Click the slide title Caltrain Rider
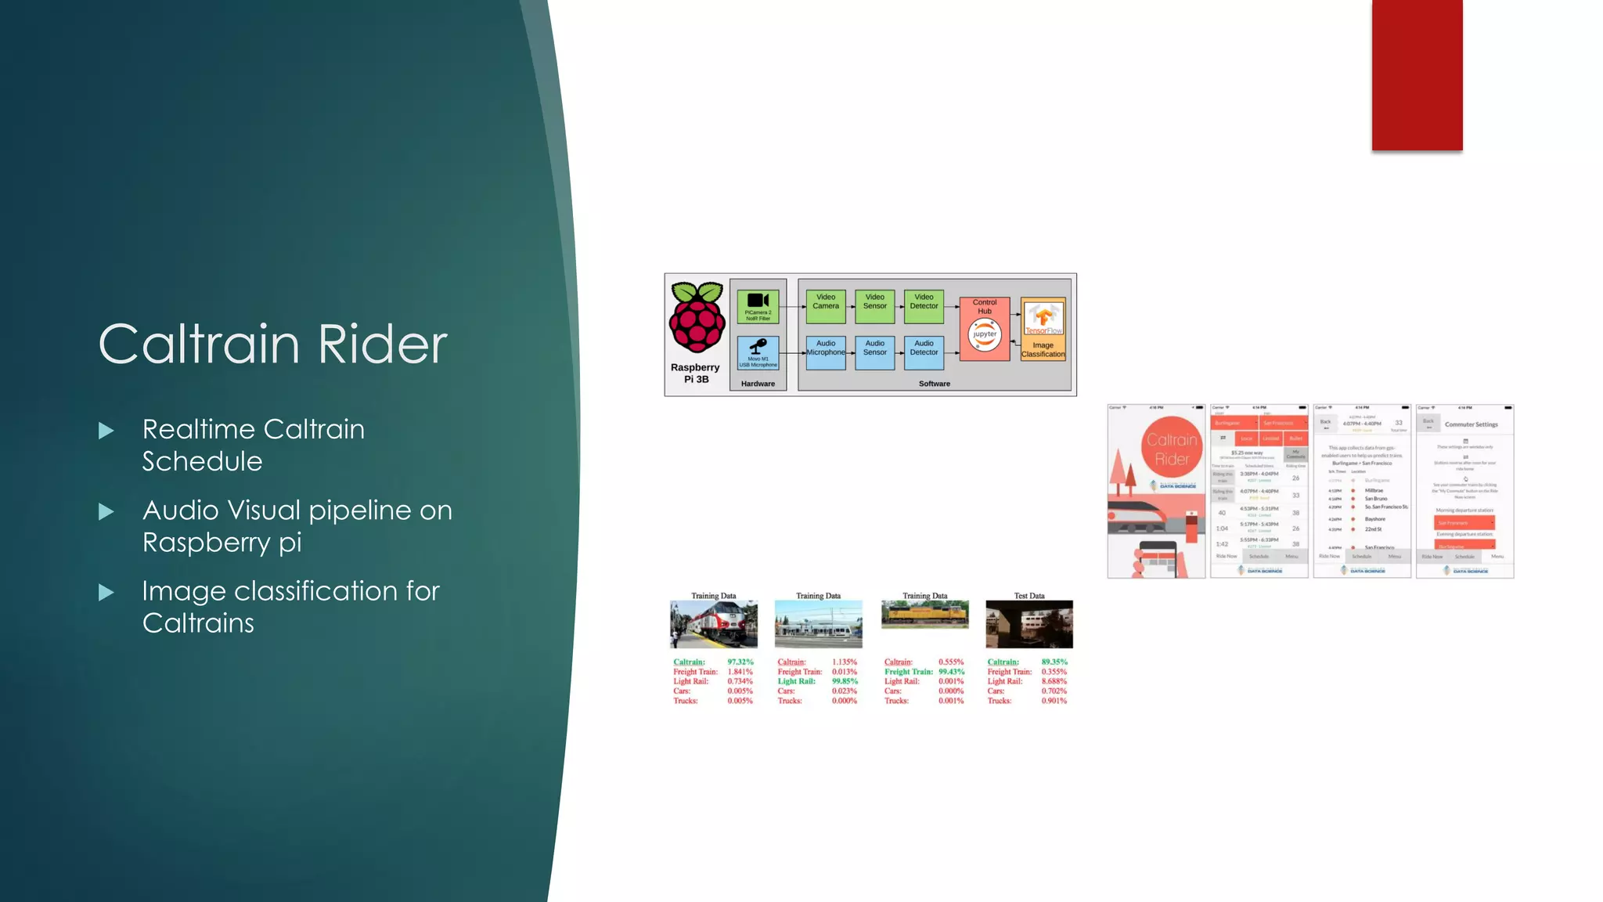point(272,344)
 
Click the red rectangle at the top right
point(1417,75)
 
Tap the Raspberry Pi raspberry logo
point(696,318)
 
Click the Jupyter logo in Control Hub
point(985,334)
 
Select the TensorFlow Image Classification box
point(1043,329)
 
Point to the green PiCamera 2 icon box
point(758,306)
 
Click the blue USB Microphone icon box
point(758,352)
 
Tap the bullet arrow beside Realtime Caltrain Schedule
point(106,431)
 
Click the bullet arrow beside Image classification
point(106,593)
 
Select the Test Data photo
point(1028,624)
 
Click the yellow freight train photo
point(924,615)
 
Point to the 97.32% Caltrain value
point(740,662)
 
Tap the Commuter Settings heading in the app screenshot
point(1471,424)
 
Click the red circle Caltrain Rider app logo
point(1172,449)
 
